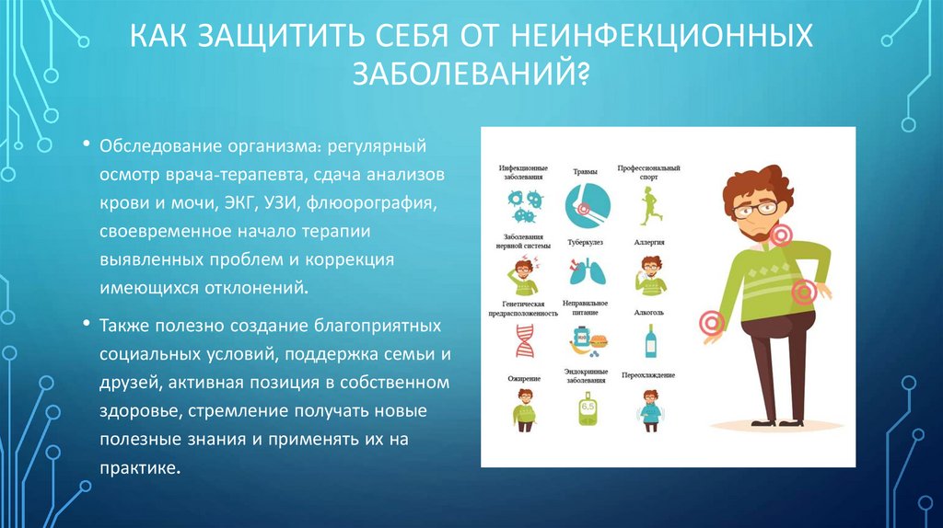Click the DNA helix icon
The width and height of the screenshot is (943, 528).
coord(522,341)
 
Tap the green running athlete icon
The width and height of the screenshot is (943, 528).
coord(649,203)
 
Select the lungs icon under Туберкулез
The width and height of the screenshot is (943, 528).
coord(584,272)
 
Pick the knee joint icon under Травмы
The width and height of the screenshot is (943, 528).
coord(584,203)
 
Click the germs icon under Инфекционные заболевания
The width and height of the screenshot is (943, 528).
coord(522,206)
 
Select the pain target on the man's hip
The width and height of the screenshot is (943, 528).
coord(804,293)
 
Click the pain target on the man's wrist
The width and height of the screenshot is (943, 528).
coord(711,322)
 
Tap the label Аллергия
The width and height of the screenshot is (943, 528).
coord(649,242)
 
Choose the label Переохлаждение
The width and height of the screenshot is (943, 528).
coord(649,375)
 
